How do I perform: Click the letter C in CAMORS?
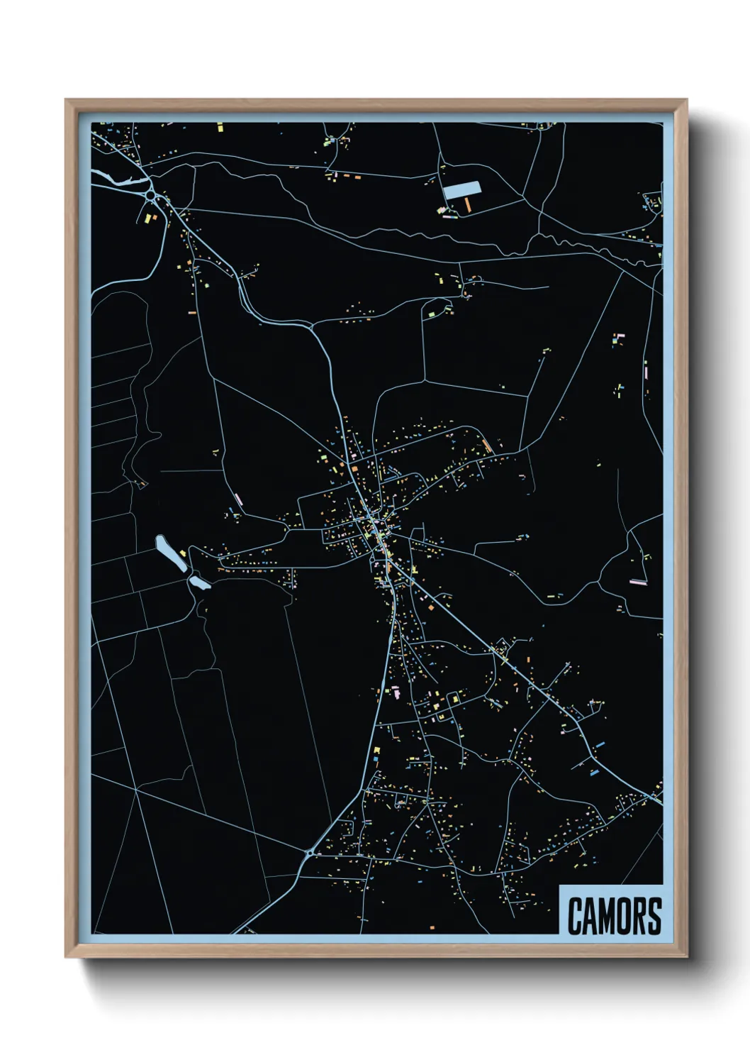pyautogui.click(x=574, y=917)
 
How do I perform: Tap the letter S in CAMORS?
pyautogui.click(x=655, y=917)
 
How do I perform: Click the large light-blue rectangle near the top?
pyautogui.click(x=461, y=189)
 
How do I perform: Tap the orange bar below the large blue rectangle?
pyautogui.click(x=468, y=204)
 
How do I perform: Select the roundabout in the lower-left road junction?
pyautogui.click(x=310, y=852)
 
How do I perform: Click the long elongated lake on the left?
pyautogui.click(x=170, y=553)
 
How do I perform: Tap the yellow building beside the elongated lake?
pyautogui.click(x=183, y=553)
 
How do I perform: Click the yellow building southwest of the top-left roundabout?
pyautogui.click(x=150, y=218)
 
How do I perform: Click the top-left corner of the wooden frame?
pyautogui.click(x=67, y=101)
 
